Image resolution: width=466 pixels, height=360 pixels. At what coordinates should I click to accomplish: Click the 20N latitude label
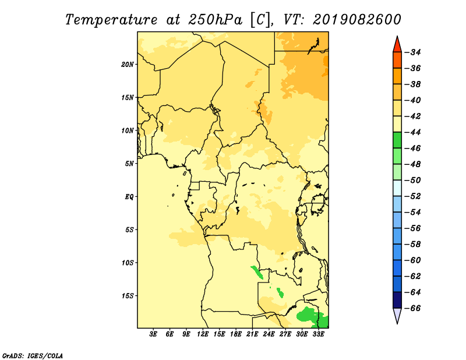point(128,65)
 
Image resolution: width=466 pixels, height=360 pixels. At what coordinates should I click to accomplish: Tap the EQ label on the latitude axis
point(129,197)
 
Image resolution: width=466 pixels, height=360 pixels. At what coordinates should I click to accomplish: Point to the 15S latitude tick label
point(128,296)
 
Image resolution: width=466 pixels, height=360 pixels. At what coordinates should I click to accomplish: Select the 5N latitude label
point(129,164)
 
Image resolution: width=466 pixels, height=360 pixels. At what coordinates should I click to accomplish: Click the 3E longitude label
point(153,334)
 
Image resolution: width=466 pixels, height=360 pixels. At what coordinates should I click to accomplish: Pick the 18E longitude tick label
point(236,334)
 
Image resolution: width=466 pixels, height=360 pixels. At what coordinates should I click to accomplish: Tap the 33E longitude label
point(318,334)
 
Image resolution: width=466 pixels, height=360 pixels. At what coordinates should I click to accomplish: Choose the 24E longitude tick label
point(269,334)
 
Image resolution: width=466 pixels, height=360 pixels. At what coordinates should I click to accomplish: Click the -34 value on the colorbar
point(413,52)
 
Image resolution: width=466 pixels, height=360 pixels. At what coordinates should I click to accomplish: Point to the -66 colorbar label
point(413,308)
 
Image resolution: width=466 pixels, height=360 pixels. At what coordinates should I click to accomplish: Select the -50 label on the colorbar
point(413,180)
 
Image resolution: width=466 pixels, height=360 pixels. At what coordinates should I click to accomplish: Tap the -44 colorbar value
point(413,132)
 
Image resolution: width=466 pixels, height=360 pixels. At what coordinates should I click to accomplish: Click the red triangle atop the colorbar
point(397,45)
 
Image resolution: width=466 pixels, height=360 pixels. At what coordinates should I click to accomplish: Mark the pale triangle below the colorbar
point(397,315)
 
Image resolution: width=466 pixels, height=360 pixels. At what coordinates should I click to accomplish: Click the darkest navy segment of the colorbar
point(397,300)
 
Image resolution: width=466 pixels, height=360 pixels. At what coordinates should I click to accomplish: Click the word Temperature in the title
point(111,20)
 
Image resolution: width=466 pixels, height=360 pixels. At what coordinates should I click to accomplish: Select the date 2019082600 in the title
point(357,20)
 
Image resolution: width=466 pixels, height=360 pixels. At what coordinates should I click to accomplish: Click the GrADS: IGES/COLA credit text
point(33,356)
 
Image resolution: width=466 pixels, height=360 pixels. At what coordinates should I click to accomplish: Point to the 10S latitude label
point(128,263)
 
